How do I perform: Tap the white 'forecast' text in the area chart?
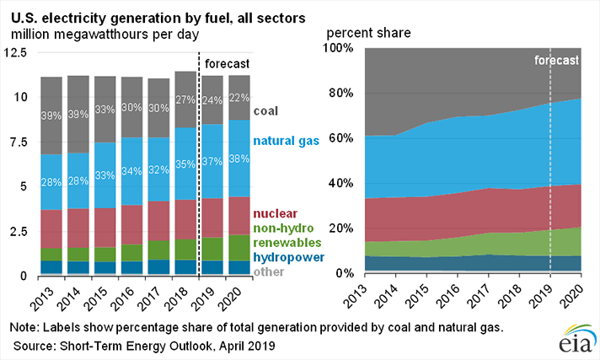pos(556,61)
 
